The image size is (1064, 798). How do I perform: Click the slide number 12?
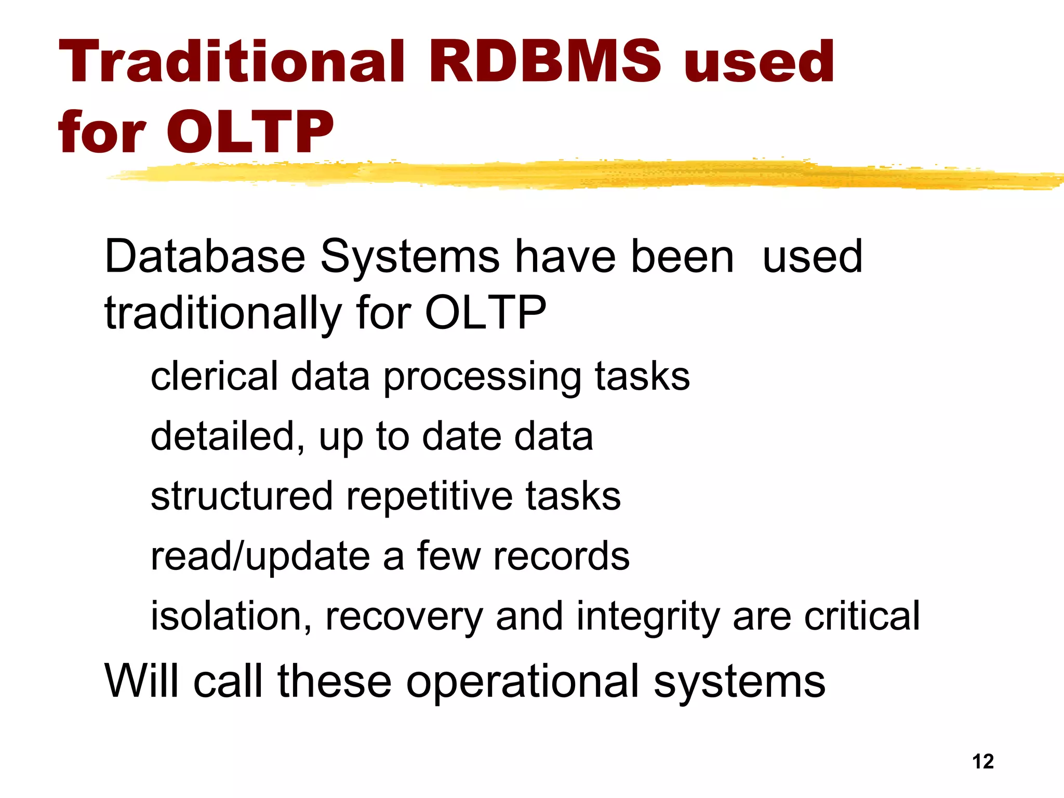[983, 762]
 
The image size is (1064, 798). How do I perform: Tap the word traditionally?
[222, 314]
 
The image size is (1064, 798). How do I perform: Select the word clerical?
[214, 376]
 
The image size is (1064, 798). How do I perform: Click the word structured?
[242, 496]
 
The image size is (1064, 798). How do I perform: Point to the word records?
[561, 556]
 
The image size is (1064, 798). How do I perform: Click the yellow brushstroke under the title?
[571, 175]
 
